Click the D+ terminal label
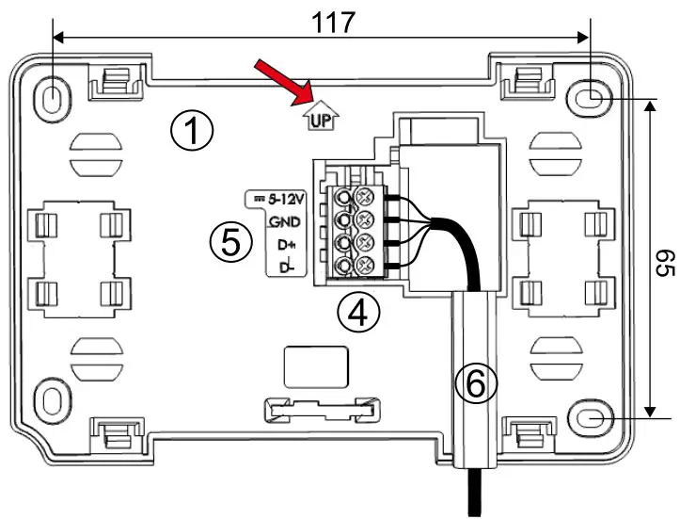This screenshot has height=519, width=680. tap(287, 245)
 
